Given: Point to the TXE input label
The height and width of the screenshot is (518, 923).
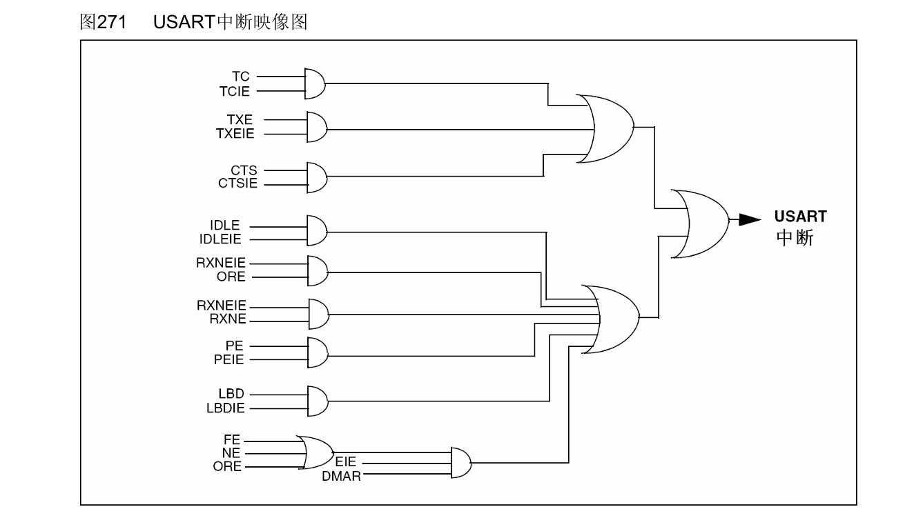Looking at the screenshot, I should pos(240,120).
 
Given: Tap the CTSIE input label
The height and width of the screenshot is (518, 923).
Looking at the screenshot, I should pos(238,184).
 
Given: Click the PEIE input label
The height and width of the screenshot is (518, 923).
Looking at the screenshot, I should pos(230,359).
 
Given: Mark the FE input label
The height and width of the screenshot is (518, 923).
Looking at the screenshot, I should pos(233,439).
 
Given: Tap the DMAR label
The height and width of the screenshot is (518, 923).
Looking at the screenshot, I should pos(341,476).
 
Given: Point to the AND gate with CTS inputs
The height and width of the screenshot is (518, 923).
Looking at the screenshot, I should pos(316,178).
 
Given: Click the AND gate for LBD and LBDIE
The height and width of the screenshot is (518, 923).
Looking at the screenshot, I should pos(316,400).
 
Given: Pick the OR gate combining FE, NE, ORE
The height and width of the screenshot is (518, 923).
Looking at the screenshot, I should pos(315,452).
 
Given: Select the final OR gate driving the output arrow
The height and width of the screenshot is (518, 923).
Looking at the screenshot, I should pos(700,224).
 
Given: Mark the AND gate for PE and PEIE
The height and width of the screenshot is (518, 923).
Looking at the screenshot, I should pos(316,353).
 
